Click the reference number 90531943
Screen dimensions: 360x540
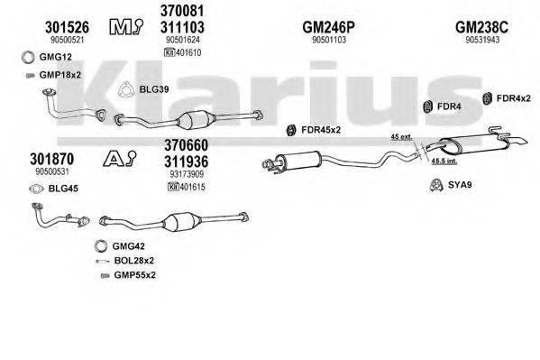(x=485, y=41)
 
